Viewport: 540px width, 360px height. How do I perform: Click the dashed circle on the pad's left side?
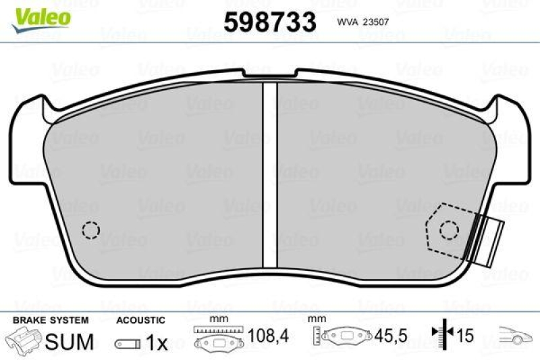[90, 230]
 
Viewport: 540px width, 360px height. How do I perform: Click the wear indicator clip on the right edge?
[489, 240]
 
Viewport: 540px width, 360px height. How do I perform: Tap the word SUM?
[69, 342]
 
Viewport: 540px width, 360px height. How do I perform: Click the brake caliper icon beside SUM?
[23, 340]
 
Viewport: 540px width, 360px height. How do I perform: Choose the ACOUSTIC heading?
[140, 319]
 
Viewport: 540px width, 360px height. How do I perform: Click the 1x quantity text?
[157, 343]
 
